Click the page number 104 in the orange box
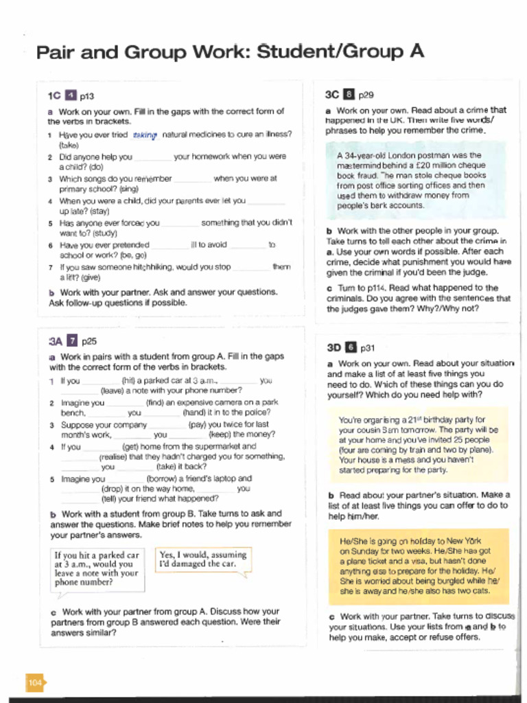point(35,682)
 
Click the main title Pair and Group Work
point(229,52)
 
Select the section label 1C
point(54,96)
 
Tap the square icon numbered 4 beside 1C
point(70,96)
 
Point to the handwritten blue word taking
point(145,135)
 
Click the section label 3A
point(56,341)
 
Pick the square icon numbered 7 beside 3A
point(72,341)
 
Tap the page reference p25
point(89,341)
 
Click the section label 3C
point(332,95)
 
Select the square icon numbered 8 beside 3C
point(349,95)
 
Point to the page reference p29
point(366,95)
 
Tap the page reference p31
point(368,348)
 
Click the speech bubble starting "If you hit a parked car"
point(97,568)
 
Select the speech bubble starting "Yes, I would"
point(202,560)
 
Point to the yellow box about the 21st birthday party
point(418,445)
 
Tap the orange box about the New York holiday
point(418,566)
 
